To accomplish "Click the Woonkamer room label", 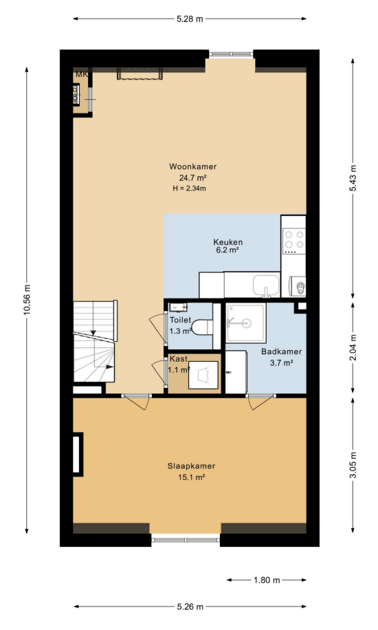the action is (x=193, y=166).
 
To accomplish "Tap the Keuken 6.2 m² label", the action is (x=227, y=246).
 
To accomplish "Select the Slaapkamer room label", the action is (x=191, y=466).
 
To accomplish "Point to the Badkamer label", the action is (x=281, y=351).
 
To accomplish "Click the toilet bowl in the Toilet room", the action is (x=202, y=327).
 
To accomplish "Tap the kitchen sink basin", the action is (x=266, y=285).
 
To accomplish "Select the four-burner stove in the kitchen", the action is (x=294, y=240).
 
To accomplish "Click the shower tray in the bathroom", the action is (x=245, y=323).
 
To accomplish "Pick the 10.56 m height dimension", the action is (x=27, y=300).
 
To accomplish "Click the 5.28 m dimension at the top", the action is (x=190, y=19).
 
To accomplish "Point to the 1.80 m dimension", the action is (x=267, y=580).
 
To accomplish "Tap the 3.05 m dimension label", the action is (x=353, y=465).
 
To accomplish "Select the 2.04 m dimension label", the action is (x=353, y=347).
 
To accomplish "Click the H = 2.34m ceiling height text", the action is (x=189, y=188).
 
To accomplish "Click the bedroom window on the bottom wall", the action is (x=186, y=540).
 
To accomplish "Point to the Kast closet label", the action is (x=179, y=358).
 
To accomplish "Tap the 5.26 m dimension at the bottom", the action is (x=190, y=607).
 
